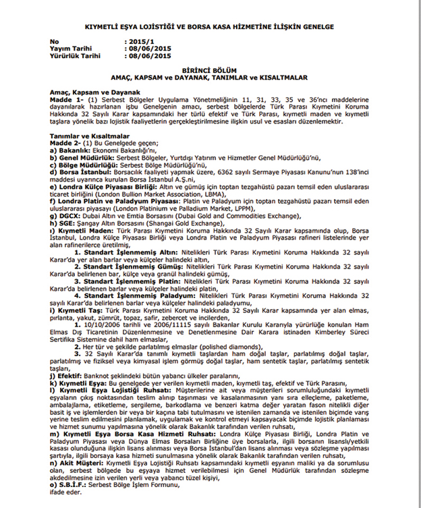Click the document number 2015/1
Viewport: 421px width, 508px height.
pos(139,42)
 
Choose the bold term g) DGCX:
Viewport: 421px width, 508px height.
pos(67,217)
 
